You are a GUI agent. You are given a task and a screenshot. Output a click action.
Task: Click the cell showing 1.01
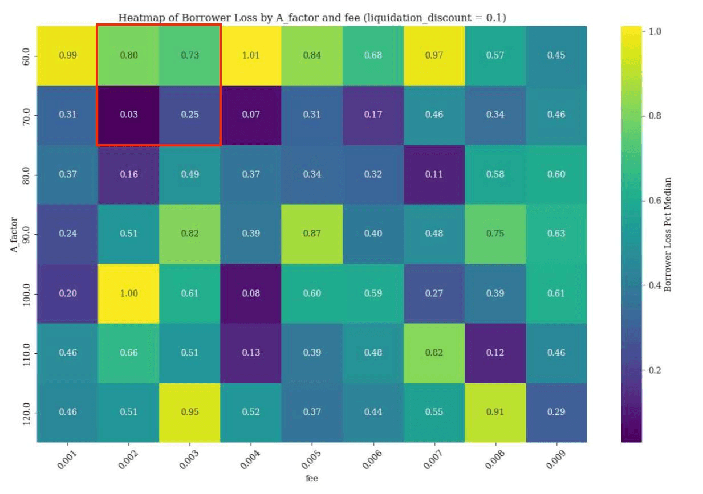[251, 55]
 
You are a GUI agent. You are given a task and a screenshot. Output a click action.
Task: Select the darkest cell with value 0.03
[129, 115]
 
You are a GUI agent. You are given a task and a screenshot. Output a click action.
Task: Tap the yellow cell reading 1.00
[129, 293]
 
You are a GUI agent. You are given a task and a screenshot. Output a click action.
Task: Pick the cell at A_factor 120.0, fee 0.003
[190, 412]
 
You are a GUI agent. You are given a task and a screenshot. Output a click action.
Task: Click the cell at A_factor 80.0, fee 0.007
[434, 174]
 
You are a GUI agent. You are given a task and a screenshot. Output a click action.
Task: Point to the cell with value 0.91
[495, 412]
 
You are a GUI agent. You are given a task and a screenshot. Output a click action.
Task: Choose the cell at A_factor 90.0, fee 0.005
[312, 234]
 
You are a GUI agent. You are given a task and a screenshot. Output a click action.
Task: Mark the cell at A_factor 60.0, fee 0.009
[556, 55]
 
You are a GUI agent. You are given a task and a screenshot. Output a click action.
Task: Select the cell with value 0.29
[556, 412]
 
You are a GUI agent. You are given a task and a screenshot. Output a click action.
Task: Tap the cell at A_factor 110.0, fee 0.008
[495, 353]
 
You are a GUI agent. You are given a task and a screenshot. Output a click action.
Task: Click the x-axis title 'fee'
[311, 479]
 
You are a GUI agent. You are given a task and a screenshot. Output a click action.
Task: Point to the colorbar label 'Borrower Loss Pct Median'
[668, 234]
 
